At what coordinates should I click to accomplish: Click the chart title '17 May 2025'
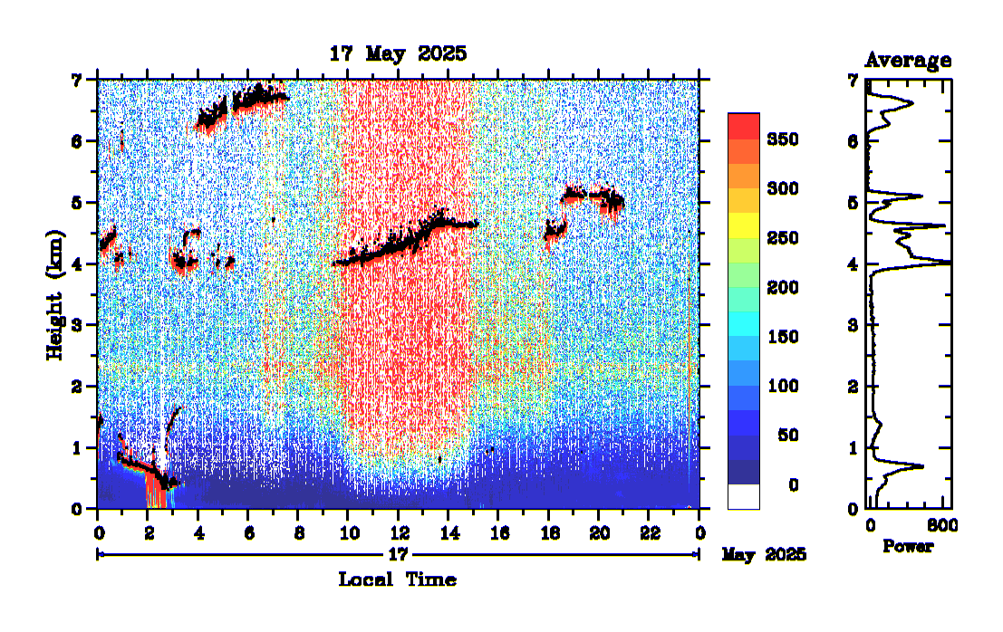click(398, 53)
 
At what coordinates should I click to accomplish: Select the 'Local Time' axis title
click(397, 579)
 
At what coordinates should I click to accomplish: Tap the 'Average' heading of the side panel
click(908, 61)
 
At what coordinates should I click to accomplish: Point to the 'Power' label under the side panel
click(908, 547)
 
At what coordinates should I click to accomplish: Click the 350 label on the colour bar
click(781, 139)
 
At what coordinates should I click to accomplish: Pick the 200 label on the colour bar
click(781, 288)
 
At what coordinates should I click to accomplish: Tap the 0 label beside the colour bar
click(793, 485)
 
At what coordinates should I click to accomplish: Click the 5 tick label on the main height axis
click(78, 202)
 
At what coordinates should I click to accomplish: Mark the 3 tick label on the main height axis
click(78, 325)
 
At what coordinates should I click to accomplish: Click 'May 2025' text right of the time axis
click(764, 554)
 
